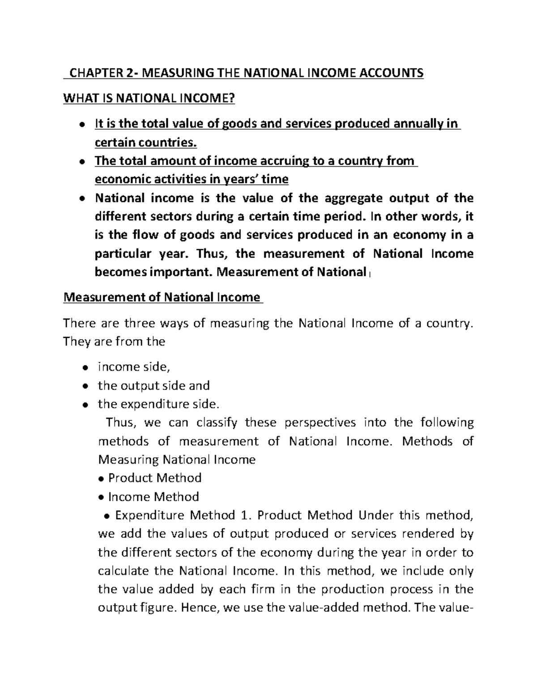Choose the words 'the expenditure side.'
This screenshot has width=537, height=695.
tap(159, 404)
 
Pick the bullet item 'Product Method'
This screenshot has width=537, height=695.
tap(155, 478)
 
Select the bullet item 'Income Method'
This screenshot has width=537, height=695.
tap(153, 497)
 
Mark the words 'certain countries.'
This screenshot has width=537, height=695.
tap(145, 142)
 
